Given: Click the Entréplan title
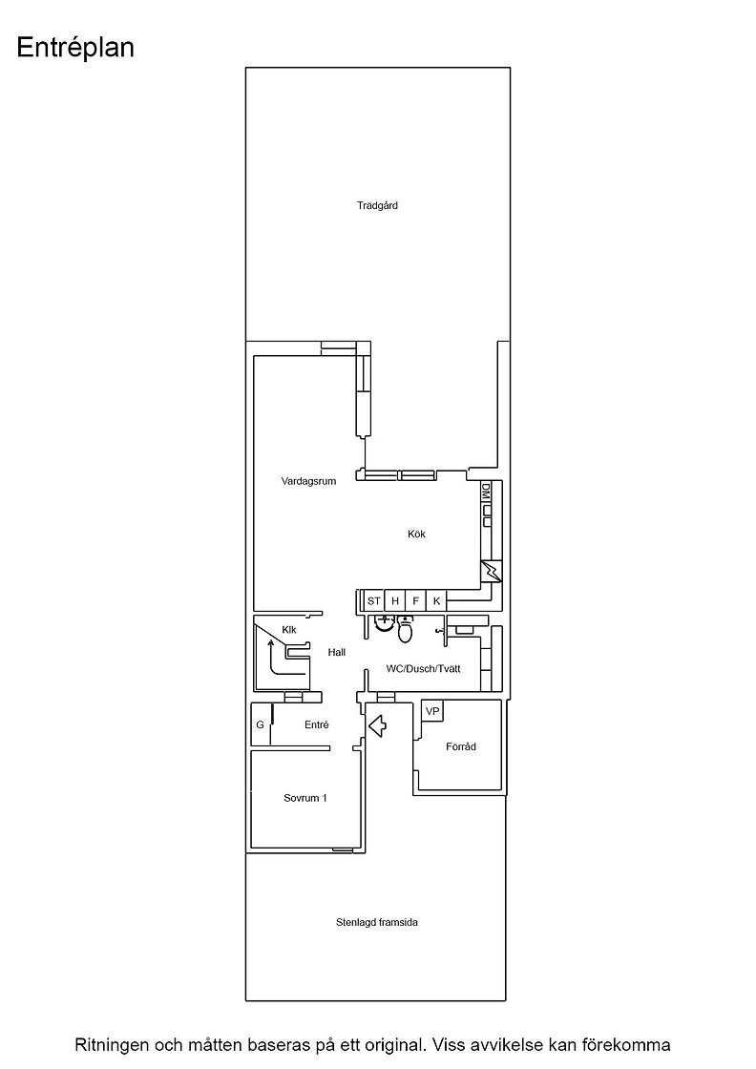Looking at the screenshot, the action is (75, 49).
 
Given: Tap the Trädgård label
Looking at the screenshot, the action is (377, 205).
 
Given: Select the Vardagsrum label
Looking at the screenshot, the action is (309, 481).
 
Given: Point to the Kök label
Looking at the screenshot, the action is (416, 534).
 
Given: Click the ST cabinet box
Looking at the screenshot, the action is (373, 600).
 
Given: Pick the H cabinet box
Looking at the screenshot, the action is (394, 600).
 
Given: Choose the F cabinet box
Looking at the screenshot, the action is (415, 600).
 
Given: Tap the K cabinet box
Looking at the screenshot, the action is (436, 600).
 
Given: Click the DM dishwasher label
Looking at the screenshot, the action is (486, 491).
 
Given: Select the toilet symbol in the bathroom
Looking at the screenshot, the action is (405, 630).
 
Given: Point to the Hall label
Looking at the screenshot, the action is (337, 653).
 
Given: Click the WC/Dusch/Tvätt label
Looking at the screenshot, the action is (423, 669).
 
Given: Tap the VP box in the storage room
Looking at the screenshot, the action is (432, 712).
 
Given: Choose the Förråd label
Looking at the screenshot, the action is (461, 746).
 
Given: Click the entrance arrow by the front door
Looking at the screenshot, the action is (378, 725).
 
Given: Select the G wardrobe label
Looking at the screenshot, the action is (260, 724).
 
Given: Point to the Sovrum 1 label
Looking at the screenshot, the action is (305, 798).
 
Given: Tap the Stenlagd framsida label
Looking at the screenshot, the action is (377, 922).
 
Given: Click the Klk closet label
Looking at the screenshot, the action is (289, 630).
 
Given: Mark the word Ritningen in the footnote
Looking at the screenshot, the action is (112, 1045).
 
